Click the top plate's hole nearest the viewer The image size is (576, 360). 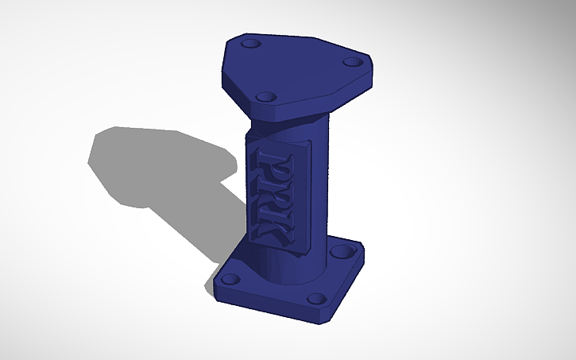266,97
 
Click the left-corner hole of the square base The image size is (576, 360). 231,279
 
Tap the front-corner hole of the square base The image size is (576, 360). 316,300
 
